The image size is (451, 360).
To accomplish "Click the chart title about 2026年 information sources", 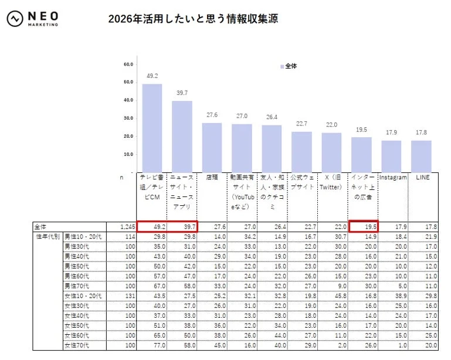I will click(193, 19).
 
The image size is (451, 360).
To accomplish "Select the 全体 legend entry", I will click(289, 66).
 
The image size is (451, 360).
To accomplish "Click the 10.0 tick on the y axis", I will click(128, 154).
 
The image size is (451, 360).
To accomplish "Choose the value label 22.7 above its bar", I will click(301, 124).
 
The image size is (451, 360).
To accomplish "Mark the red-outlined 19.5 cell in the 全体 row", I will click(363, 226).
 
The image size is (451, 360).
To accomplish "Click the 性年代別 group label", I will click(48, 235).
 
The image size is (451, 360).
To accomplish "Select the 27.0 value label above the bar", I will click(241, 116).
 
